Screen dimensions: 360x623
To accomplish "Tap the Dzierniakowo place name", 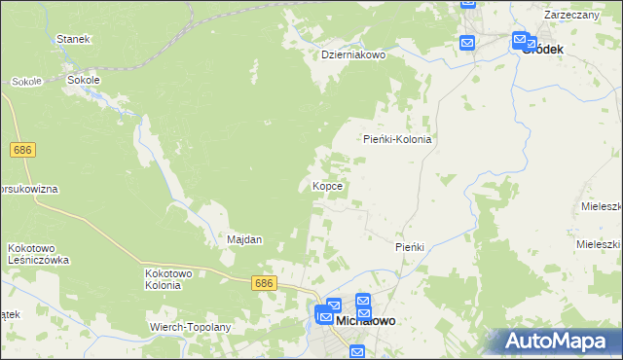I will pyautogui.click(x=354, y=55).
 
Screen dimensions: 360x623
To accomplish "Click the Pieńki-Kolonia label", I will pyautogui.click(x=397, y=139).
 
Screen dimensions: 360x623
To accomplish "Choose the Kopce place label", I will pyautogui.click(x=326, y=185).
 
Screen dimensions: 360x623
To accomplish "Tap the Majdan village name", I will pyautogui.click(x=244, y=239).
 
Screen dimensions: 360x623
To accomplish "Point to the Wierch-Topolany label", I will pyautogui.click(x=190, y=328).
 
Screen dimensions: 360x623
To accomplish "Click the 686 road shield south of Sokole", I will pyautogui.click(x=24, y=150).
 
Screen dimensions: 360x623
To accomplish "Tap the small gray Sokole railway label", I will pyautogui.click(x=26, y=82).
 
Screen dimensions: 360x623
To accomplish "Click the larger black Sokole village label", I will pyautogui.click(x=83, y=80).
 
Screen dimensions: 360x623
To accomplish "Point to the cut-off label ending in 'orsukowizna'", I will pyautogui.click(x=29, y=187).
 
